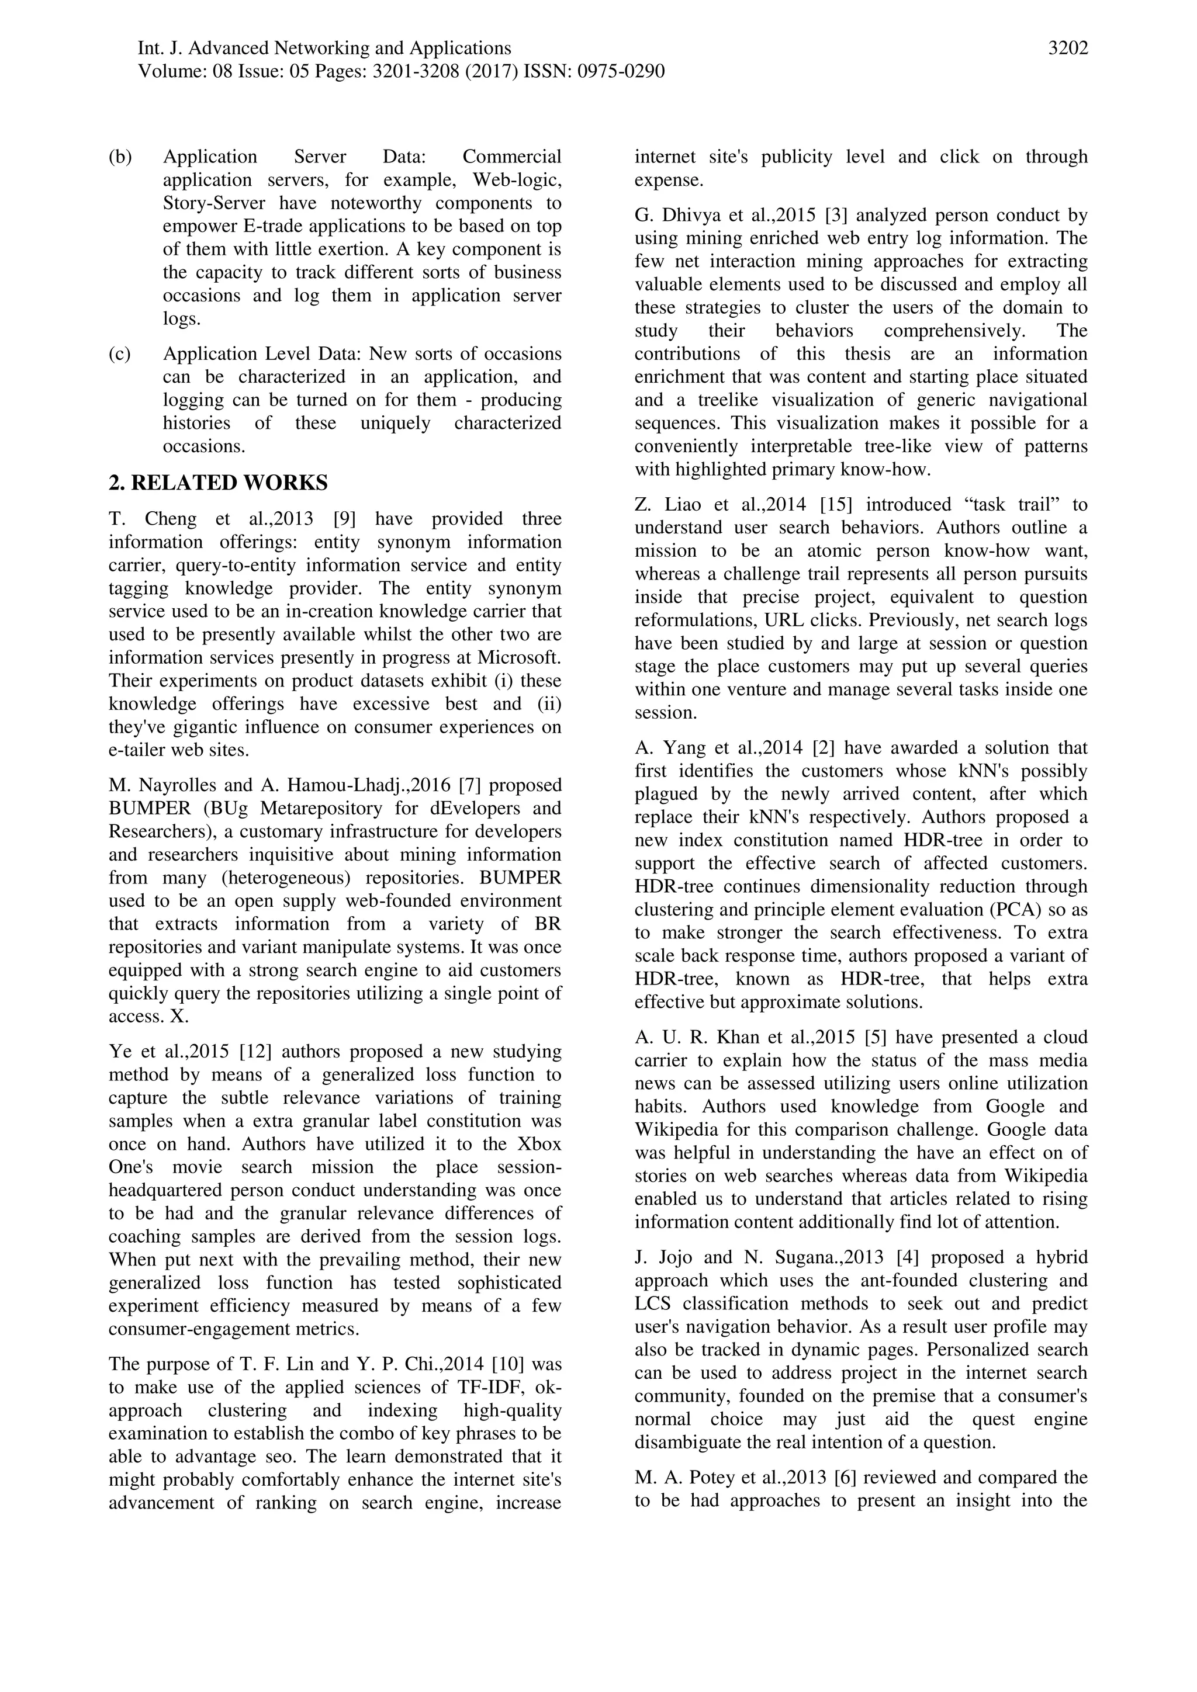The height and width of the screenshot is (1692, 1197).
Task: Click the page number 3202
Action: pos(1067,48)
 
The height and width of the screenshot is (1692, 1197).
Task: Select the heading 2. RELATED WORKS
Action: pos(218,483)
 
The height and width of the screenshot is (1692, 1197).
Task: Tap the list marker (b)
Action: pos(120,157)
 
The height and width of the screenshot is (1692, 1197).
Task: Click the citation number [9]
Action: pos(345,519)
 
